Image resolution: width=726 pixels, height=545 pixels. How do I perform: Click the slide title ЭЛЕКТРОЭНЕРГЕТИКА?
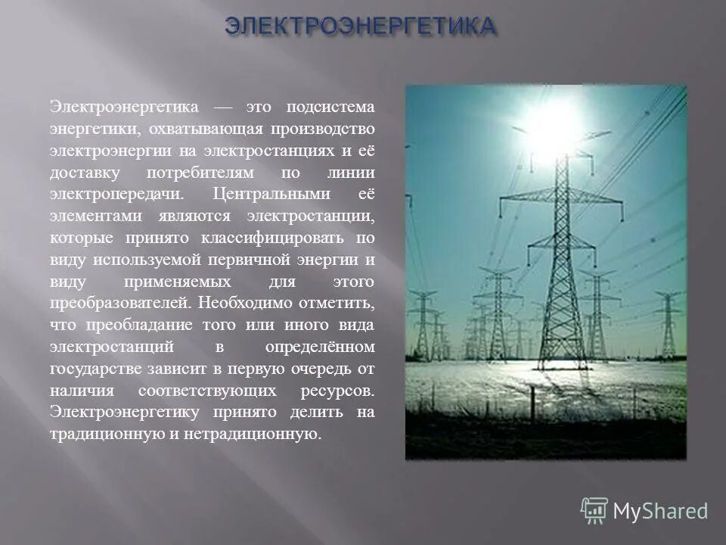click(361, 26)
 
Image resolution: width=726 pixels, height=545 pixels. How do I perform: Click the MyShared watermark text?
click(660, 511)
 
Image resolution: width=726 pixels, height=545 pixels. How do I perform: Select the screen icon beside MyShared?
click(594, 511)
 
